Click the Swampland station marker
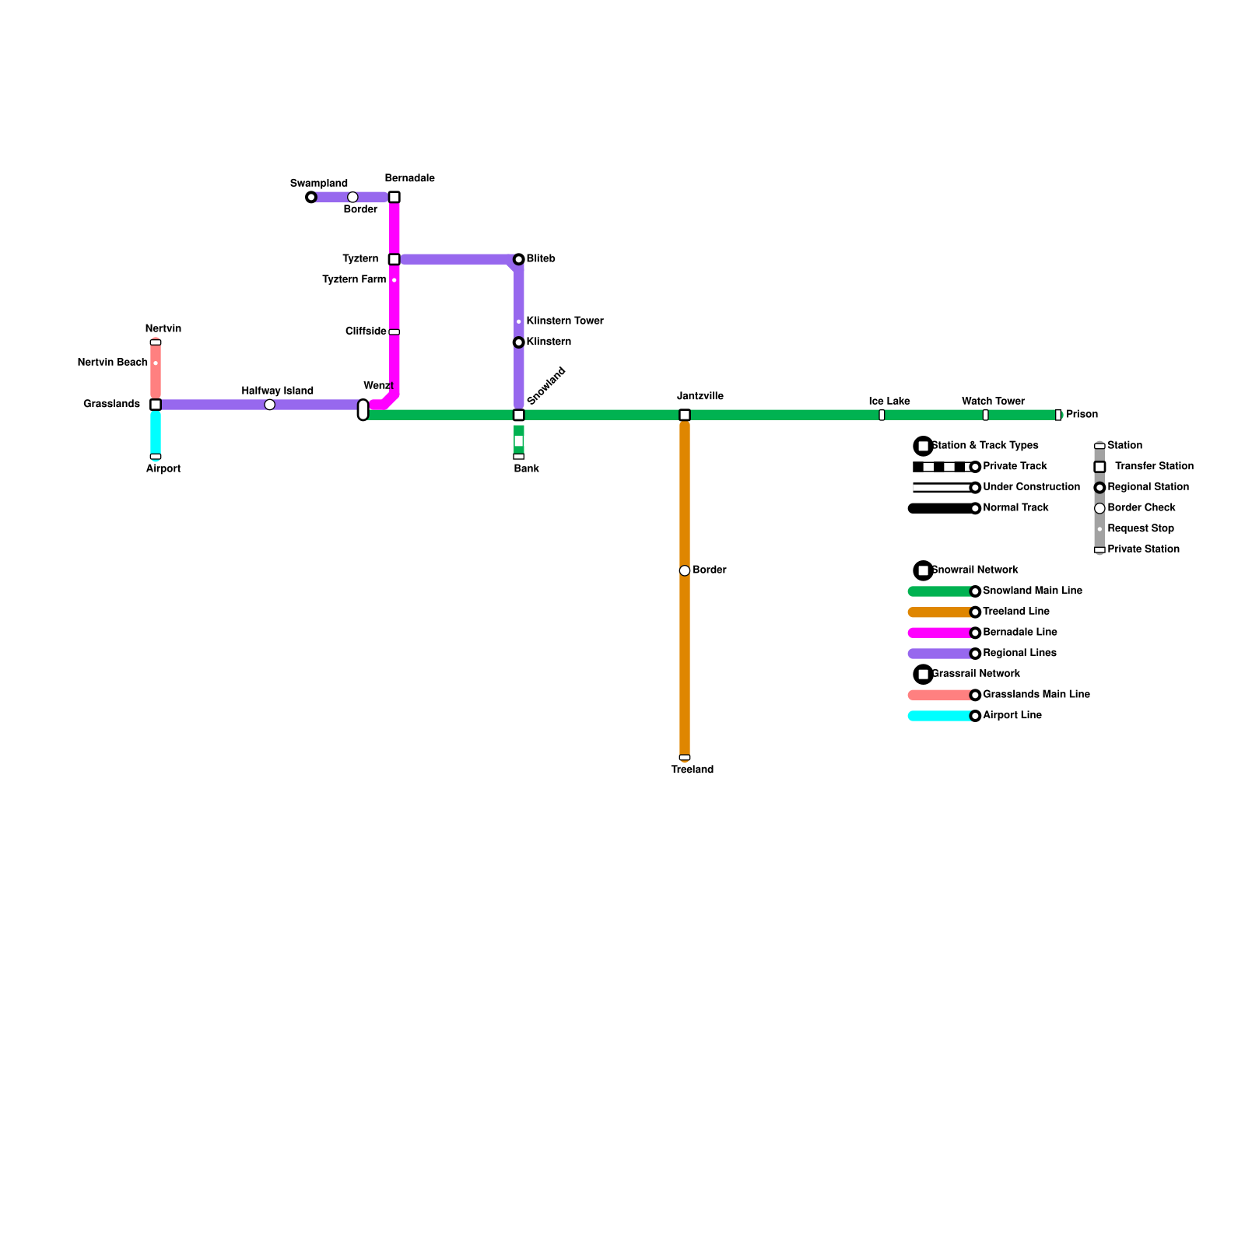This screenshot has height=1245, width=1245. [x=311, y=197]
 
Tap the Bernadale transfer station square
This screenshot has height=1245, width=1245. [x=395, y=197]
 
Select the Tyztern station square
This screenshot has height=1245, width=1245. [x=395, y=259]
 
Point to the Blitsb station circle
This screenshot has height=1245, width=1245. [x=519, y=259]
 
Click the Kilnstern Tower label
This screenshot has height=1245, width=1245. [x=565, y=321]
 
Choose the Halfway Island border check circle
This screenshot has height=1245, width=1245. [x=270, y=405]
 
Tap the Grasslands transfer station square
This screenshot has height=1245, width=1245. [x=156, y=405]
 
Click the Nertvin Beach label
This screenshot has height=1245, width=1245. [x=113, y=363]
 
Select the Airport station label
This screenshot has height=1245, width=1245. [x=163, y=468]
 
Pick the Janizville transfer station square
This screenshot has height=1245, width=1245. [x=685, y=415]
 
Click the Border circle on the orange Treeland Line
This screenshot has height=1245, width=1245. [x=685, y=570]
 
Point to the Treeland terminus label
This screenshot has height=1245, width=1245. [x=692, y=770]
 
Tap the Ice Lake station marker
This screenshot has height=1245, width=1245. [x=882, y=415]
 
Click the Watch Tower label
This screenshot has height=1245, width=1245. [x=993, y=402]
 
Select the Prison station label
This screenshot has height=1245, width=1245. [x=1082, y=414]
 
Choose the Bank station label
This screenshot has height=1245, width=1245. [x=527, y=468]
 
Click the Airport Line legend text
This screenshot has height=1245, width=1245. [x=1012, y=715]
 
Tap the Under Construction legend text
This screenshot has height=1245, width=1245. [x=1031, y=487]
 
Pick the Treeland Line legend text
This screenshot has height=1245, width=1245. [x=1016, y=612]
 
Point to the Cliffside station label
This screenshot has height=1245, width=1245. [x=366, y=331]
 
